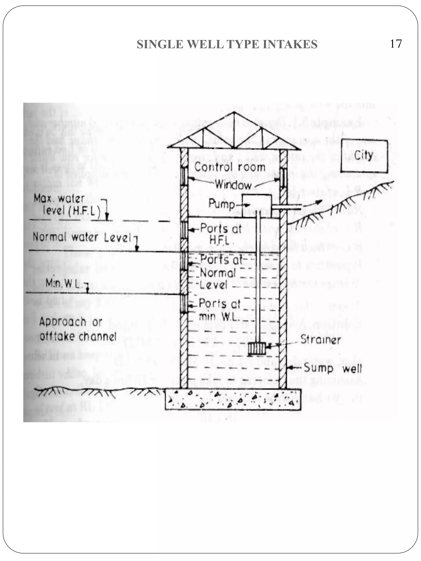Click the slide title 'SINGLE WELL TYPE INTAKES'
click(x=227, y=44)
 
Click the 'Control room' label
click(x=230, y=167)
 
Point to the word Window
click(x=233, y=185)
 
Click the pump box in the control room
click(x=257, y=205)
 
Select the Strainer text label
click(x=320, y=340)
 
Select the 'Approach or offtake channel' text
click(x=77, y=329)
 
